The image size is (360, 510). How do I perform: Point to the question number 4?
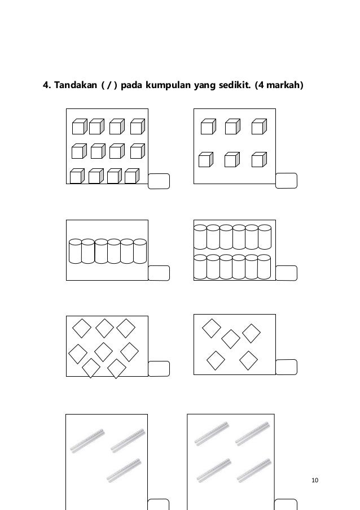47,85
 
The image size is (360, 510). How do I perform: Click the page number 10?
315,480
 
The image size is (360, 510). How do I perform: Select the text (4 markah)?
279,85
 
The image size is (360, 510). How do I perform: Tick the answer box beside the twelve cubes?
159,181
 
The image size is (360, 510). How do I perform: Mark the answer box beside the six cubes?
286,181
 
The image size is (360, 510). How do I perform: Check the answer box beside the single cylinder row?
159,273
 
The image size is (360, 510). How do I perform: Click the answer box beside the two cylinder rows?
286,273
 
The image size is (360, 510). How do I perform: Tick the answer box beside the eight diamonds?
159,368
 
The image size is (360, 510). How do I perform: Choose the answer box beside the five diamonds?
286,367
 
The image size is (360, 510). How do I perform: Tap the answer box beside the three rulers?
158,505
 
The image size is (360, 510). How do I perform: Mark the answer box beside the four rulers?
286,505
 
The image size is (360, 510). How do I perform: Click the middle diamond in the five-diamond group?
231,339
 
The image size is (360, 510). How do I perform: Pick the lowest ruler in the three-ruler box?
124,470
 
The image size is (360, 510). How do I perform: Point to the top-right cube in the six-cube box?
259,127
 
